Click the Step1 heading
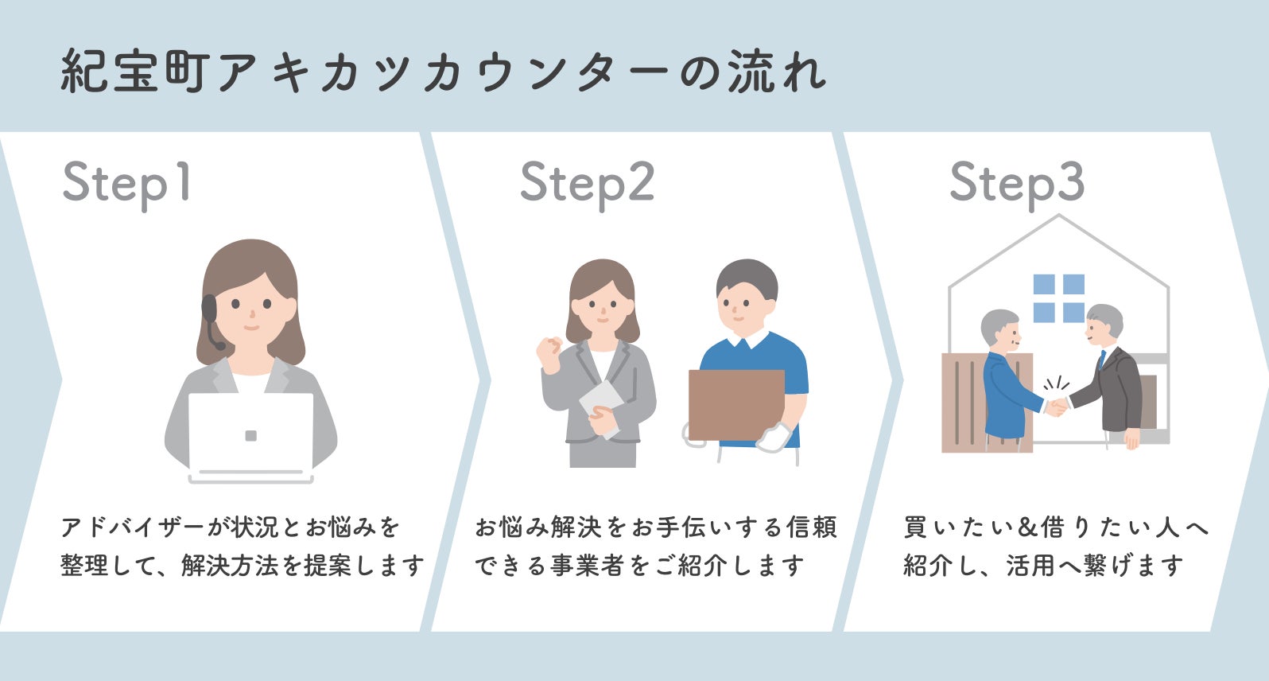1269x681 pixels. click(127, 184)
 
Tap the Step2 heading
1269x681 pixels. click(587, 184)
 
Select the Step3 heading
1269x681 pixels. click(1017, 184)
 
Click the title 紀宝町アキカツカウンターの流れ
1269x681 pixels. click(444, 72)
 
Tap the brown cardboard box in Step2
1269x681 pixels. click(736, 404)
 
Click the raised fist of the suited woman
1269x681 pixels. click(549, 350)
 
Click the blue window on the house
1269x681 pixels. click(1058, 298)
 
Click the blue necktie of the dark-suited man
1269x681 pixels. click(1102, 360)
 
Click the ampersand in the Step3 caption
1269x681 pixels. click(1028, 527)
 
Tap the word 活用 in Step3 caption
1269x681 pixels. click(1030, 566)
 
